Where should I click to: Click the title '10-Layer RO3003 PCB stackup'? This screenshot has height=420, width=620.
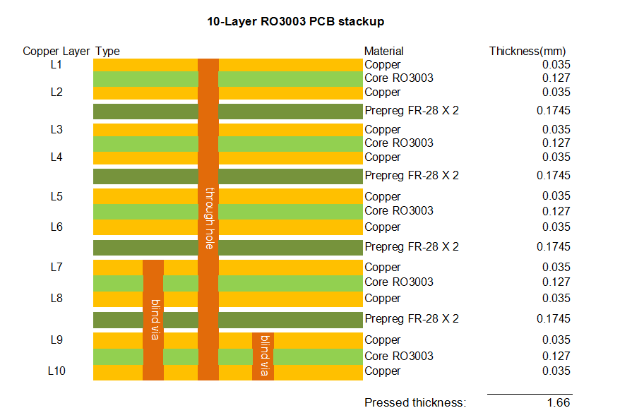(x=295, y=22)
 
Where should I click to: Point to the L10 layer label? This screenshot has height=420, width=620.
(x=56, y=371)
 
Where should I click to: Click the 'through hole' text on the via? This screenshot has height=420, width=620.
(x=209, y=218)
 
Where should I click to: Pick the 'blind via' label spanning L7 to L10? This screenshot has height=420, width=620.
(x=154, y=320)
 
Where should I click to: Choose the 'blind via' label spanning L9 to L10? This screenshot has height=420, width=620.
(x=263, y=356)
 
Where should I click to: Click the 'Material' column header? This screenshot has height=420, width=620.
(x=383, y=51)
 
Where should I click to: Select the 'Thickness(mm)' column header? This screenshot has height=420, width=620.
(x=527, y=51)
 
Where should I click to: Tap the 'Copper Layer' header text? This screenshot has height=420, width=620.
(x=56, y=51)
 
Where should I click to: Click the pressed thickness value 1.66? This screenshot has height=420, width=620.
(x=557, y=402)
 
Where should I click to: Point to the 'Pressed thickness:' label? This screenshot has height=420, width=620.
(x=415, y=403)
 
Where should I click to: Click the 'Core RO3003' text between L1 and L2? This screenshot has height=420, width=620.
(x=398, y=78)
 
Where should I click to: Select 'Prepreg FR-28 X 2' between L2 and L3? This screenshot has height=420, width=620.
(x=411, y=110)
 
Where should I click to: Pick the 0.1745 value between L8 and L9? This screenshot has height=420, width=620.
(x=554, y=318)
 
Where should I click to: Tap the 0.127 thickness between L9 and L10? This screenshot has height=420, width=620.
(x=556, y=356)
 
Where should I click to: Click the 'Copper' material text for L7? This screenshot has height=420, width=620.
(x=382, y=267)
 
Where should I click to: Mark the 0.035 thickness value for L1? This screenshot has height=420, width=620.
(x=556, y=65)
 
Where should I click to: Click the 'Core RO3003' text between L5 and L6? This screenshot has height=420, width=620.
(x=398, y=210)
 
